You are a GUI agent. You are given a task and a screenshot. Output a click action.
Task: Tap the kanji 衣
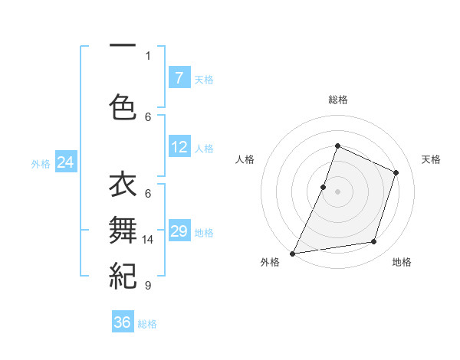[x=123, y=186]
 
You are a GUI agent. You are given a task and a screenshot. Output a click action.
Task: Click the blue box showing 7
[x=179, y=77]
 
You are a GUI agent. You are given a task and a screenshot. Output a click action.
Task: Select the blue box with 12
[x=179, y=147]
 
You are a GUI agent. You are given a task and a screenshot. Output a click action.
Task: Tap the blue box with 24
[x=65, y=162]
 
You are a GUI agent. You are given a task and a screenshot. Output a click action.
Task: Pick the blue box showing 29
[x=179, y=231]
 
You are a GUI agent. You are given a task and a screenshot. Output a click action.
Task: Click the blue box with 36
[x=123, y=322]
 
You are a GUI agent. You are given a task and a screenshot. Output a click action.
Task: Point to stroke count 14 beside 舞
[x=148, y=240]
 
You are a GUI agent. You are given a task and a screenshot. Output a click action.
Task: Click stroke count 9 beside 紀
[x=148, y=286]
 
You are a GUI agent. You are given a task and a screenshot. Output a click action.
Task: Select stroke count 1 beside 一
[x=148, y=55]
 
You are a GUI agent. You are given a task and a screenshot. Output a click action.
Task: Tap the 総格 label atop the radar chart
[x=337, y=100]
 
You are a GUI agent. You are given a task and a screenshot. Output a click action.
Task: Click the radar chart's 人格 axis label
[x=245, y=159]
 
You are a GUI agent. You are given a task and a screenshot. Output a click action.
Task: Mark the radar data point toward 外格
[x=292, y=253]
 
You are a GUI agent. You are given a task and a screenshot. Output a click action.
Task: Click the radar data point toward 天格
[x=396, y=172]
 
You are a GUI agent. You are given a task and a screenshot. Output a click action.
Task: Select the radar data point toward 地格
[x=374, y=242]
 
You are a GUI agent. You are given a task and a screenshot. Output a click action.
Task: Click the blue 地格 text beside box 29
[x=204, y=233]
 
